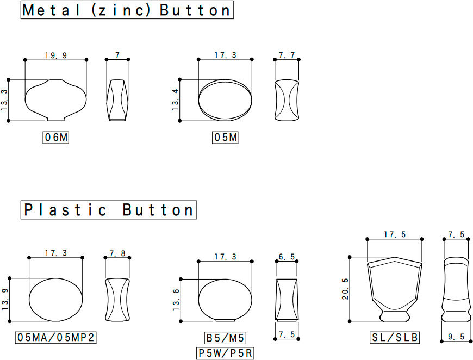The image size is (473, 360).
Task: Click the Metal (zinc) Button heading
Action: coord(127,10)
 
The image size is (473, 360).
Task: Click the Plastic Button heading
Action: coord(109,210)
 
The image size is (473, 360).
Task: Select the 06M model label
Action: coord(56,138)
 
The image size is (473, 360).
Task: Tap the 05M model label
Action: coord(225,138)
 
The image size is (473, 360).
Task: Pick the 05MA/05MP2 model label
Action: coord(56,337)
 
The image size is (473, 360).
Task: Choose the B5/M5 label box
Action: coord(225,338)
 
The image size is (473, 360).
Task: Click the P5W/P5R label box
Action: coord(225,353)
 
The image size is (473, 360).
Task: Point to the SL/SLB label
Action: coord(395,337)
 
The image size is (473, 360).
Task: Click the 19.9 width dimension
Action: coord(56,55)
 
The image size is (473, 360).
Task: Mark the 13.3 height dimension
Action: coord(4,100)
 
